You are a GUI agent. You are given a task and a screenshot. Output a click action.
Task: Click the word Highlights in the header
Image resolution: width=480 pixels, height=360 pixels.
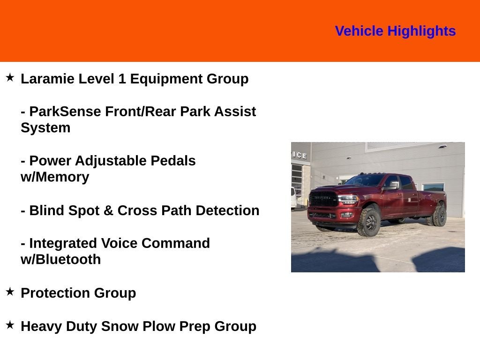pyautogui.click(x=421, y=31)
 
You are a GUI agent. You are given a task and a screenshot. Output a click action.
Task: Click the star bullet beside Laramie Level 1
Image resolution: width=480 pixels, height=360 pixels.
pyautogui.click(x=10, y=77)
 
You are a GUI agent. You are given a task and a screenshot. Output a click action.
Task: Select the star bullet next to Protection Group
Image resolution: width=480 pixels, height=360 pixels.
pyautogui.click(x=10, y=292)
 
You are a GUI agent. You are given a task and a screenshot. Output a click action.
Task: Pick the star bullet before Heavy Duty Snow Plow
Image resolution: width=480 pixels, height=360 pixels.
pyautogui.click(x=10, y=325)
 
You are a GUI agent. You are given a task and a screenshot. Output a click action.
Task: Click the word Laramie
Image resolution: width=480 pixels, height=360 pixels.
pyautogui.click(x=47, y=79)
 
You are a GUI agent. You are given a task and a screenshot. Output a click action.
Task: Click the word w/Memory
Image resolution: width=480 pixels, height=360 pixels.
pyautogui.click(x=54, y=177)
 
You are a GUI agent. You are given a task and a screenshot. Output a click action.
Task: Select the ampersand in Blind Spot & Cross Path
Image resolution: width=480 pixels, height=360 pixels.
pyautogui.click(x=108, y=210)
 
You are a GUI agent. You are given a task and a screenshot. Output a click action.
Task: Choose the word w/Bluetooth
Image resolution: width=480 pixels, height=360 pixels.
pyautogui.click(x=60, y=260)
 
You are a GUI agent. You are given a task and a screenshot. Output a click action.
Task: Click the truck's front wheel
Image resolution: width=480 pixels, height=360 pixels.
pyautogui.click(x=368, y=222)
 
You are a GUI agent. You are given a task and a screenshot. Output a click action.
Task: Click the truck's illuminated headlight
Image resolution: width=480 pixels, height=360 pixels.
pyautogui.click(x=348, y=199)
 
